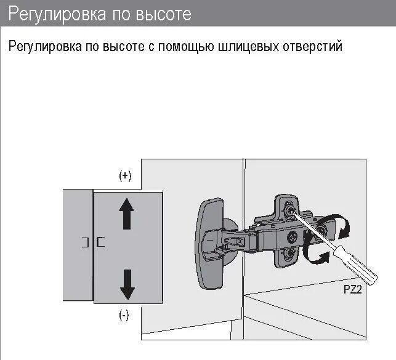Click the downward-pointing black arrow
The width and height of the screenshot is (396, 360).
(x=127, y=282)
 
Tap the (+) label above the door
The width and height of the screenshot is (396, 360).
(x=125, y=176)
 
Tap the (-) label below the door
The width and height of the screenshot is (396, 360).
(x=124, y=316)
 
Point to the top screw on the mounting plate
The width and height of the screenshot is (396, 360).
(x=289, y=210)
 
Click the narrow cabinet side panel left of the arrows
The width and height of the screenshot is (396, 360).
(x=78, y=246)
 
